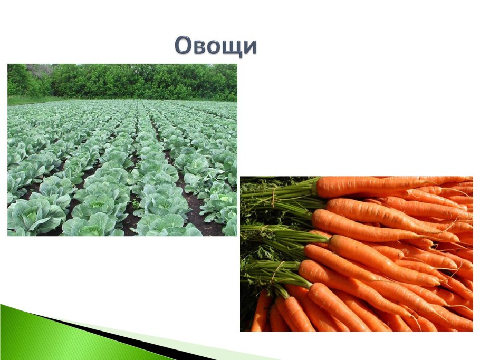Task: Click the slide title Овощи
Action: pyautogui.click(x=216, y=45)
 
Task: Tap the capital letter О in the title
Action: pyautogui.click(x=183, y=46)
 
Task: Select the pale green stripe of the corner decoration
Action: pyautogui.click(x=174, y=343)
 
